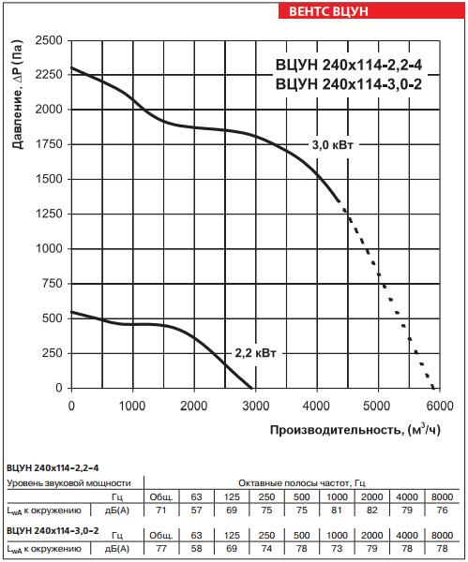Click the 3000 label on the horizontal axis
tap(255, 405)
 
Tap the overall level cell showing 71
tap(160, 510)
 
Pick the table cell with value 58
tap(195, 547)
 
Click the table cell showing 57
tap(195, 510)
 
